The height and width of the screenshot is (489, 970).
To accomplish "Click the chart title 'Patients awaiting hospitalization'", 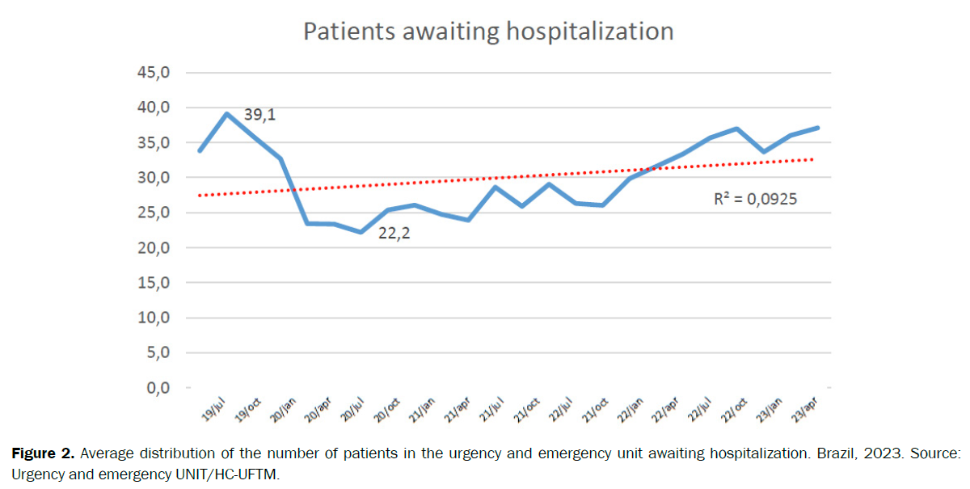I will [487, 32].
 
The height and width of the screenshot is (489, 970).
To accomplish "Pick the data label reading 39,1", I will [259, 116].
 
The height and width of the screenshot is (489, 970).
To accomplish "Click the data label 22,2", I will [394, 235].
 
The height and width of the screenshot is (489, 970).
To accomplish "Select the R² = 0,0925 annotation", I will [755, 198].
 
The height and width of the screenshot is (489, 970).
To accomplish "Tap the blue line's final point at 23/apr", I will [818, 128].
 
